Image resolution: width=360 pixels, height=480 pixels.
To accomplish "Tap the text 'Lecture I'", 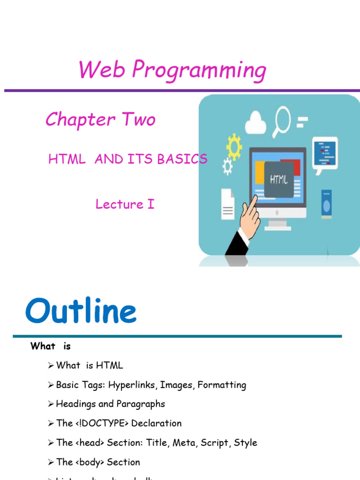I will coord(125,204).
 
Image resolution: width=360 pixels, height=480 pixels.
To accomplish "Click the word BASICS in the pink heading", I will coord(182,159).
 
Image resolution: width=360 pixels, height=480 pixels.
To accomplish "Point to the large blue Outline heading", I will coord(81,312).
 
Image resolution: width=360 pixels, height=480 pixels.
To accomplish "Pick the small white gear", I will coord(227,165).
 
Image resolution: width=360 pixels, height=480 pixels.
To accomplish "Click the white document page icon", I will coord(228,204).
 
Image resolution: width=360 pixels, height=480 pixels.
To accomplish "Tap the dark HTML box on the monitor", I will coord(279,179).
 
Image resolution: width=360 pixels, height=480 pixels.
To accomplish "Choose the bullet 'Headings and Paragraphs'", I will coord(110,404).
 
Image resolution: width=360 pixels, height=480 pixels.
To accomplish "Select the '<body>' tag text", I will coord(90,462).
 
